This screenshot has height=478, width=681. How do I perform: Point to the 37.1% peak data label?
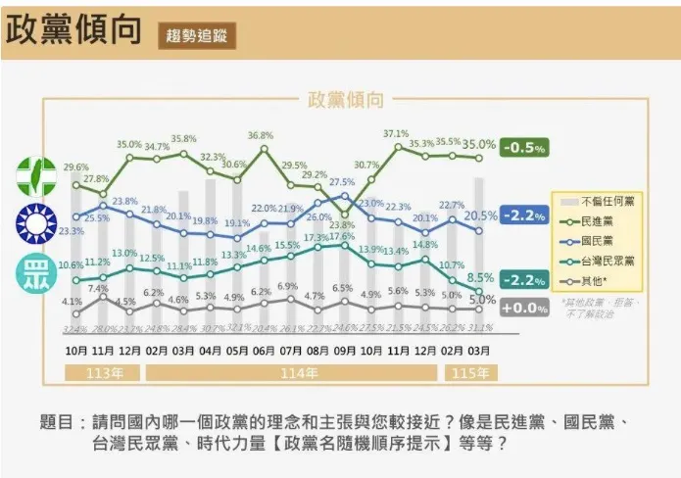pos(396,133)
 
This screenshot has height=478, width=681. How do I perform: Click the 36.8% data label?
pos(261,135)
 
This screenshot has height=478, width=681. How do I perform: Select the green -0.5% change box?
pos(524,148)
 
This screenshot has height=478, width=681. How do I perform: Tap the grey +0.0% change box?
pos(524,308)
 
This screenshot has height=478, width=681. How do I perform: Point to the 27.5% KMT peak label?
pos(341,182)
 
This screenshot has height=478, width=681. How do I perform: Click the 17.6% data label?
pos(341,236)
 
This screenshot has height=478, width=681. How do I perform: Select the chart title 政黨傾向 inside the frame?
pos(346,100)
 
